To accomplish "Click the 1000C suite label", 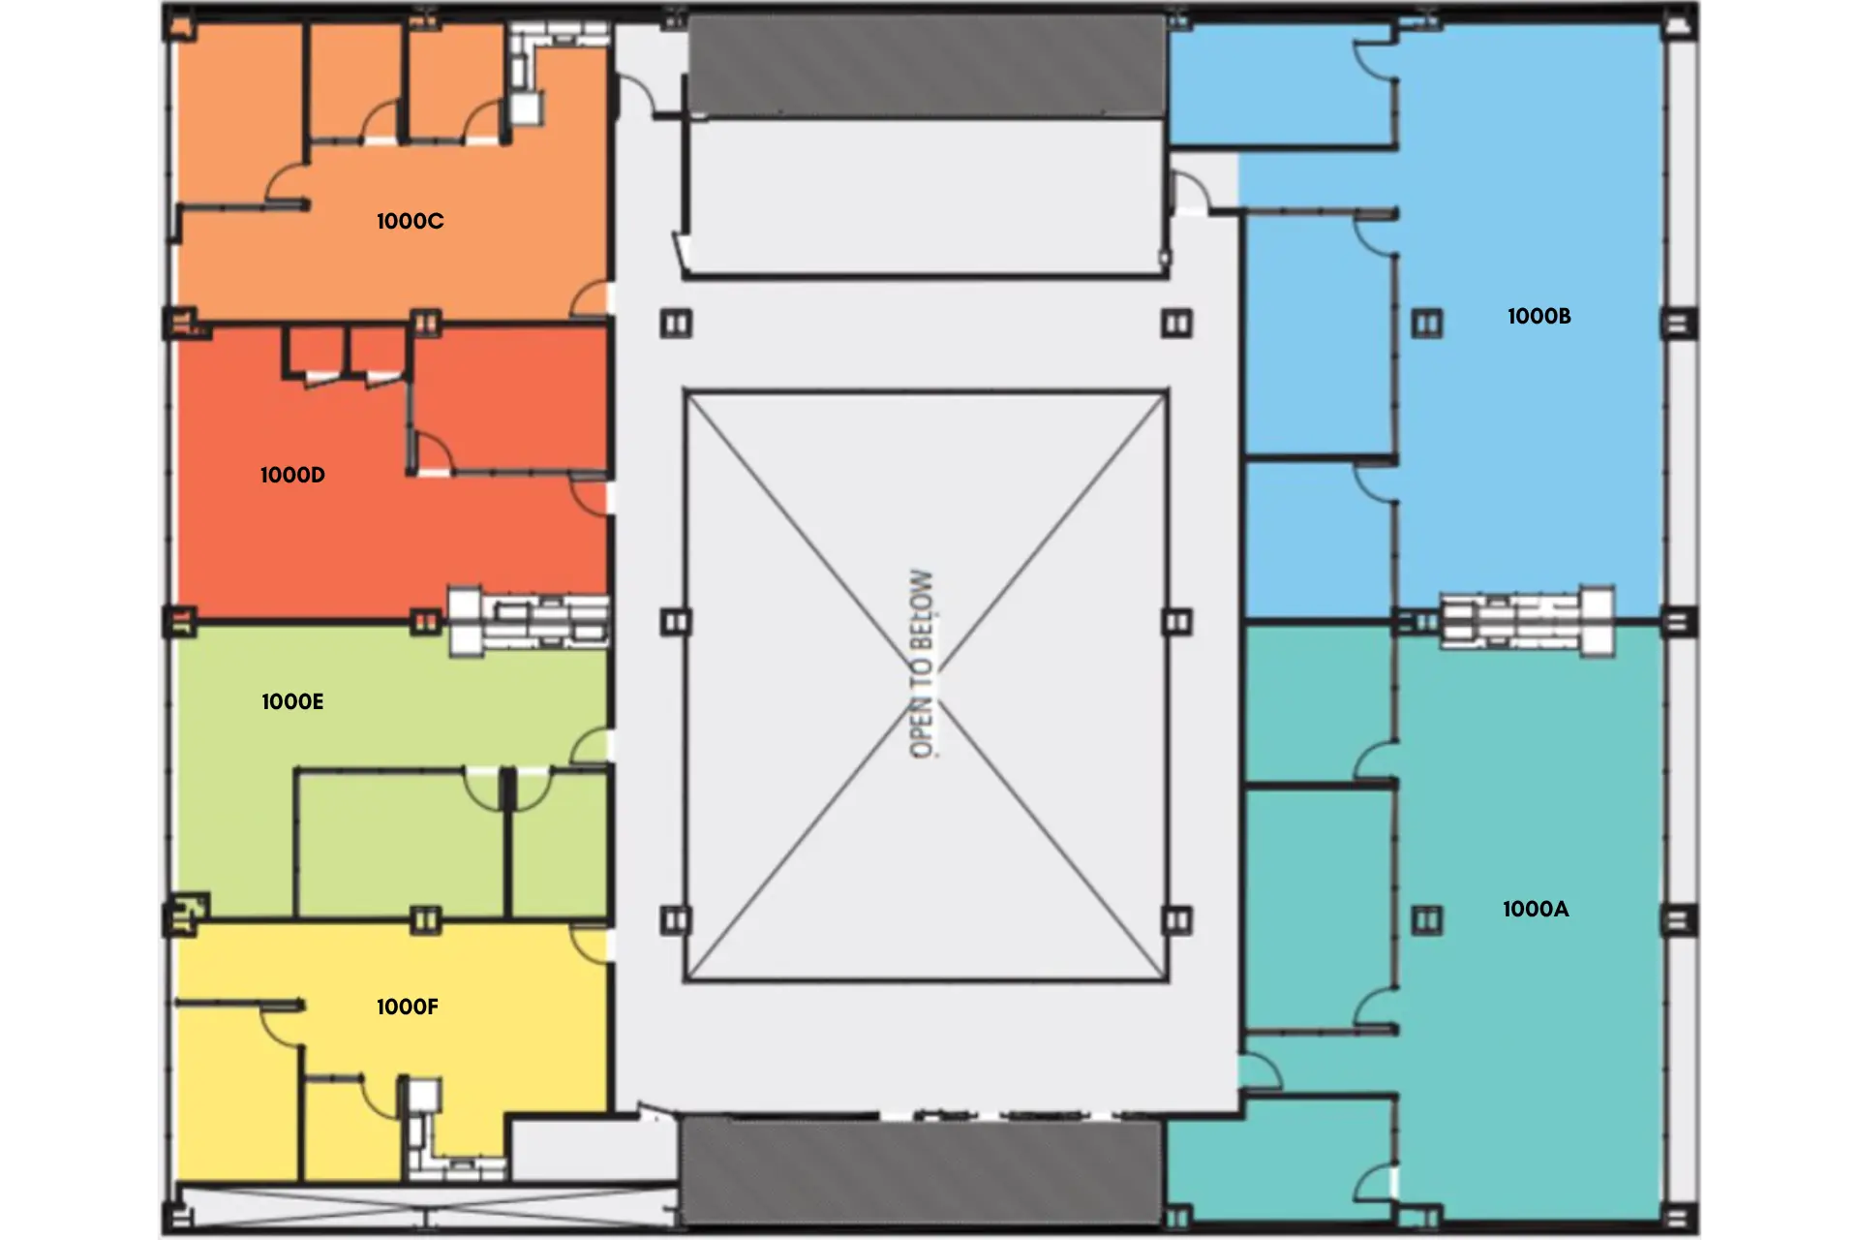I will [x=410, y=222].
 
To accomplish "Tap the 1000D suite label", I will [x=292, y=476].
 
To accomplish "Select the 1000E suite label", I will [x=292, y=702].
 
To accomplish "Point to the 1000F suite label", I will [x=408, y=1007].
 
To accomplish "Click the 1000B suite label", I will [x=1539, y=317].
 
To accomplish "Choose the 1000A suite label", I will [x=1535, y=910].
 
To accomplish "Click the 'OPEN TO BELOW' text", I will [x=922, y=665].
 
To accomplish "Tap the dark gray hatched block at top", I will [x=925, y=66].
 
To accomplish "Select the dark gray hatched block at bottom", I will [x=922, y=1169].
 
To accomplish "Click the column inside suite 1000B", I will [x=1426, y=324].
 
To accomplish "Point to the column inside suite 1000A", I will [x=1426, y=920].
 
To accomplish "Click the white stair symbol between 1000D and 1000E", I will [x=529, y=620].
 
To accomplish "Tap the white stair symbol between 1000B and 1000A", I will [x=1527, y=620].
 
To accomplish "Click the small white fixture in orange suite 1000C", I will [x=526, y=107].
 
